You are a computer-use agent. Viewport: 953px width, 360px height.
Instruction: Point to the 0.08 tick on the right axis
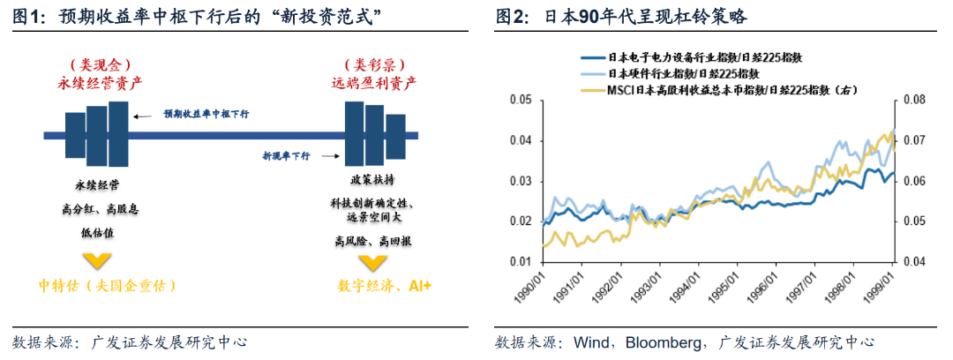tap(911, 101)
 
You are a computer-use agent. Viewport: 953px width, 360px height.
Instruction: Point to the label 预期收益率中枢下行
tap(206, 114)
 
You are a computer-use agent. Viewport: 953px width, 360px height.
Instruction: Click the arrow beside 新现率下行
tap(330, 156)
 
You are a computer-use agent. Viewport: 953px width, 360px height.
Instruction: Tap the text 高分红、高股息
tap(101, 209)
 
